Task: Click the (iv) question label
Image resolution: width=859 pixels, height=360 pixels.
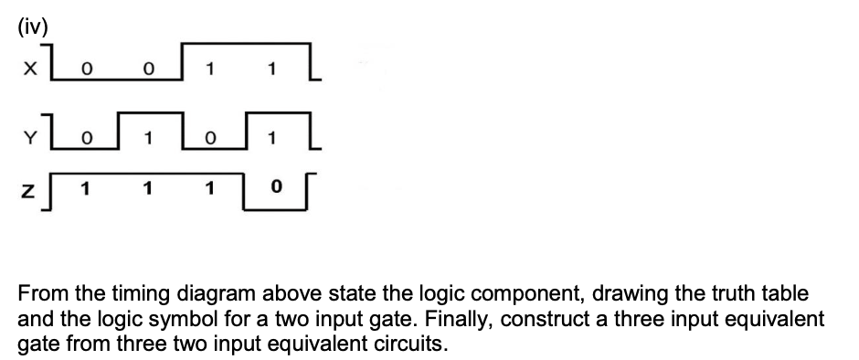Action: (31, 25)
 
